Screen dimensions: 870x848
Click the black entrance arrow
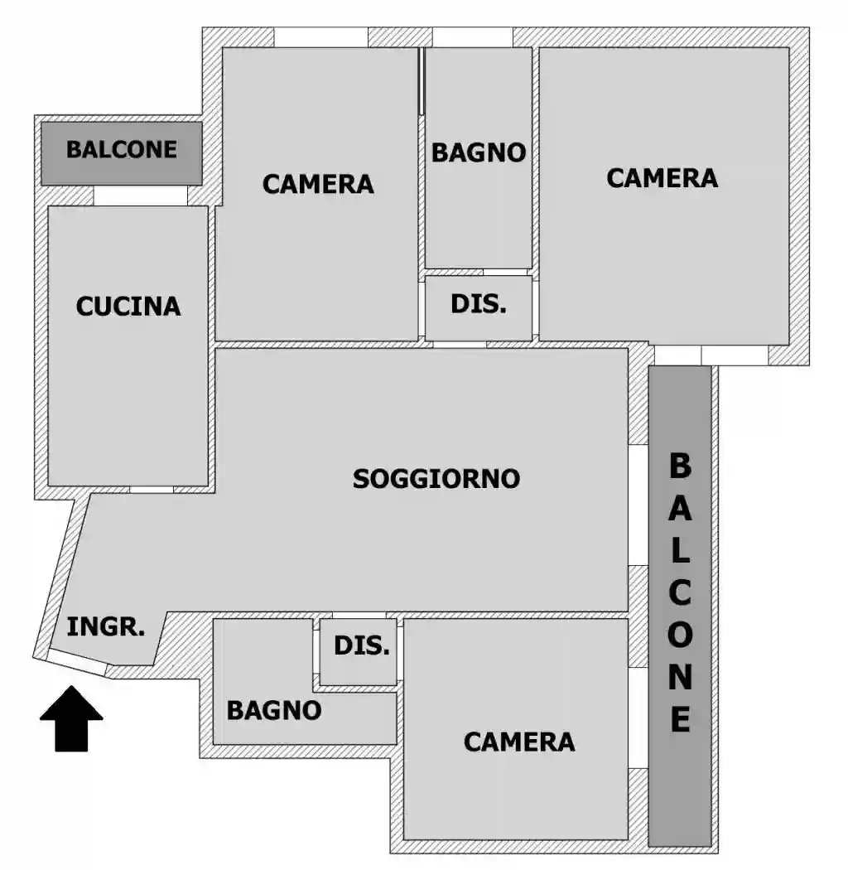(72, 718)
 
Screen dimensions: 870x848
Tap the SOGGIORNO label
(436, 479)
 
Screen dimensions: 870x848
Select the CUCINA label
(128, 307)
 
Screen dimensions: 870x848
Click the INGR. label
(106, 627)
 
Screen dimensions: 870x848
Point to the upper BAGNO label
(479, 152)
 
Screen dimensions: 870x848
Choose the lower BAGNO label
(274, 710)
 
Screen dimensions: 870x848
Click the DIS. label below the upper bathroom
(479, 303)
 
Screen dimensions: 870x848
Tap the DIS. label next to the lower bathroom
(362, 646)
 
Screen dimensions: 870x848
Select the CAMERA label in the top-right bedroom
(662, 178)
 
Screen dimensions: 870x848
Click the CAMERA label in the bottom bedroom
(519, 742)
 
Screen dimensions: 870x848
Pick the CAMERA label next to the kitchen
(318, 184)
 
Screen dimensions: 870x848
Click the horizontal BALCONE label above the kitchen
(122, 150)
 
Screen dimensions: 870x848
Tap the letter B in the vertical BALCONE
(680, 466)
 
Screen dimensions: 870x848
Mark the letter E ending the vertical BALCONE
(680, 719)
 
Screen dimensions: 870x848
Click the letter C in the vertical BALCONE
(680, 593)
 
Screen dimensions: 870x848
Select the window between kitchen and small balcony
(140, 196)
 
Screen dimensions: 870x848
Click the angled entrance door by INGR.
(76, 662)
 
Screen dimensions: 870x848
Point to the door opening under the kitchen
(152, 490)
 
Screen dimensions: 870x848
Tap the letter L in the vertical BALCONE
(680, 551)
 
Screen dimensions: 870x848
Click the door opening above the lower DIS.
(359, 615)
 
